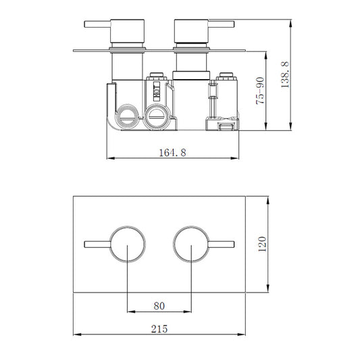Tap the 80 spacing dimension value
[x=160, y=306]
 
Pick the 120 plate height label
[x=263, y=244]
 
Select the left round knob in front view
[x=127, y=244]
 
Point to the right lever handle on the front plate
[x=222, y=244]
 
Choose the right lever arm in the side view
[x=222, y=25]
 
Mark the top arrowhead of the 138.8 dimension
[x=291, y=24]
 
